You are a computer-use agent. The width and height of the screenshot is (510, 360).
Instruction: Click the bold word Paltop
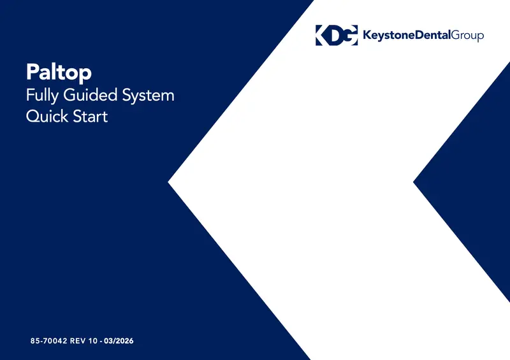pyautogui.click(x=59, y=72)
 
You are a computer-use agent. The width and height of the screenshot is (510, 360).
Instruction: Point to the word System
pyautogui.click(x=148, y=96)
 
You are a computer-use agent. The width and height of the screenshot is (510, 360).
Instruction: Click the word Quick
pyautogui.click(x=47, y=116)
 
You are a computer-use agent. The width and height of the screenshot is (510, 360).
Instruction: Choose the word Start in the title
pyautogui.click(x=90, y=117)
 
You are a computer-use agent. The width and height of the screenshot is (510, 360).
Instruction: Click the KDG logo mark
pyautogui.click(x=337, y=35)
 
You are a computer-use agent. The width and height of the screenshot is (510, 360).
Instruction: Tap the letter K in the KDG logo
pyautogui.click(x=323, y=35)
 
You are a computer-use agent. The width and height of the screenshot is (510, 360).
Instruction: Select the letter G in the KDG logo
pyautogui.click(x=351, y=35)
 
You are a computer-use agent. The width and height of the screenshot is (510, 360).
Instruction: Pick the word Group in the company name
pyautogui.click(x=468, y=36)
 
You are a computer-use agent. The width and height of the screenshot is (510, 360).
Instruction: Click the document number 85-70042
pyautogui.click(x=49, y=341)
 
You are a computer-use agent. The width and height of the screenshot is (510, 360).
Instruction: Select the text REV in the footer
pyautogui.click(x=78, y=341)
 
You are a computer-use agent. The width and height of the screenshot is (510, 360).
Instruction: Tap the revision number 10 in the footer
pyautogui.click(x=92, y=341)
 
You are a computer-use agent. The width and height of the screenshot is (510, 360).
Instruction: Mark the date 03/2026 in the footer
pyautogui.click(x=119, y=341)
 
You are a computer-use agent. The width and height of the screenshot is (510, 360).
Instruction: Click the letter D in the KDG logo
pyautogui.click(x=337, y=35)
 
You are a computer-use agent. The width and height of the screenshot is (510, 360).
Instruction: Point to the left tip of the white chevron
pyautogui.click(x=168, y=182)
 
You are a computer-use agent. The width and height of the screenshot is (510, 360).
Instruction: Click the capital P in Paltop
pyautogui.click(x=33, y=71)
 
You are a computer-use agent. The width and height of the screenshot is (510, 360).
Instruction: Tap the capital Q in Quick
pyautogui.click(x=33, y=116)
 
